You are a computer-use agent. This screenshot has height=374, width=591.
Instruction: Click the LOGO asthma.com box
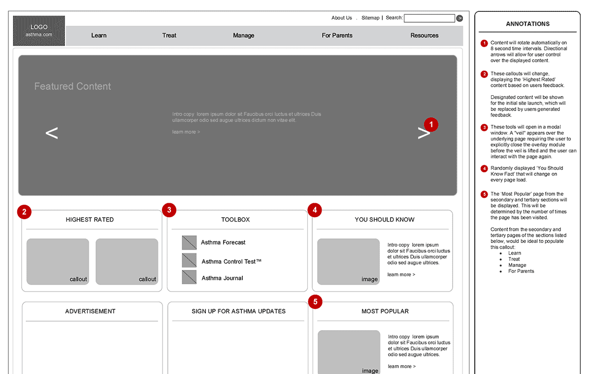click(x=39, y=31)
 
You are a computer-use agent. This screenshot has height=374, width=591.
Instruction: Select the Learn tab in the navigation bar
click(x=99, y=36)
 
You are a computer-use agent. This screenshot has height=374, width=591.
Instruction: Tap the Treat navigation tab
click(x=169, y=36)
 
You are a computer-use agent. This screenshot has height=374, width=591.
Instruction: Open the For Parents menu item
click(x=337, y=36)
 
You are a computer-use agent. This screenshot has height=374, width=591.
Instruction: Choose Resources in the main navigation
click(x=424, y=36)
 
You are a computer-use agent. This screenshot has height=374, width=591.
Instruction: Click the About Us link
click(x=342, y=18)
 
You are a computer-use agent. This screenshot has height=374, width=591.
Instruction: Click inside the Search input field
click(x=429, y=18)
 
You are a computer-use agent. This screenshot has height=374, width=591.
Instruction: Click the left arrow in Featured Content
click(x=52, y=133)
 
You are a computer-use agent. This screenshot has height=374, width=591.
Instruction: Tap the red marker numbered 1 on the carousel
click(x=431, y=124)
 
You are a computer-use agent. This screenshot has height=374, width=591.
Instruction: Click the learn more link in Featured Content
click(x=186, y=132)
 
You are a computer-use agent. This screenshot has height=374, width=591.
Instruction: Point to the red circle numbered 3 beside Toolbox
click(x=169, y=210)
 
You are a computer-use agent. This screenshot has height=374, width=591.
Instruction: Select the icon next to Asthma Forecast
click(x=189, y=243)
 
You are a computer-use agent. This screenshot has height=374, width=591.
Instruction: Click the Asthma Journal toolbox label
click(x=223, y=278)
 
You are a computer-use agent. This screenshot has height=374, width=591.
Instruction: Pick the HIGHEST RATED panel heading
click(x=90, y=220)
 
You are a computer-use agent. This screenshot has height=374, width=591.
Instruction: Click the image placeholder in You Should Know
click(x=349, y=262)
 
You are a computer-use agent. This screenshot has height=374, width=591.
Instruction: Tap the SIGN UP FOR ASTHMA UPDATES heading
click(x=238, y=311)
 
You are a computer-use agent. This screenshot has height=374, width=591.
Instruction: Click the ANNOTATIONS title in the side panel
click(x=527, y=24)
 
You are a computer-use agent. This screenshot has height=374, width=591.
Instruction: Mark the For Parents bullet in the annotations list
click(x=521, y=271)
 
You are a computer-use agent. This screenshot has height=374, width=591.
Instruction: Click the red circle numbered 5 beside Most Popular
click(x=315, y=302)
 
